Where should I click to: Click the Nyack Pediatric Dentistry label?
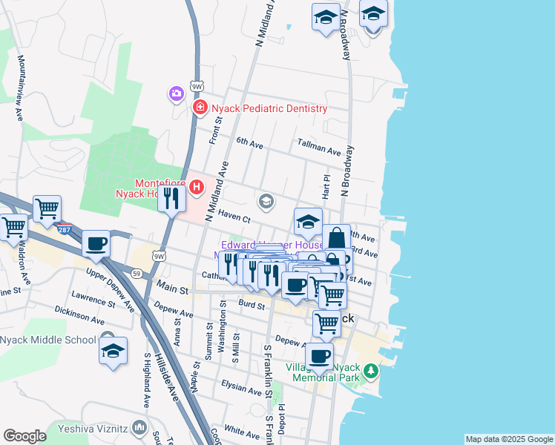point(268,108)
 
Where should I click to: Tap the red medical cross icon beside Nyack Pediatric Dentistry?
point(200,108)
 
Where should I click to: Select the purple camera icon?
point(176,93)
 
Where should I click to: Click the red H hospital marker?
point(196,188)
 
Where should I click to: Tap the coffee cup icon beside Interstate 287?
point(96,244)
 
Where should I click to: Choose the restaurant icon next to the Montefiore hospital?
point(171,198)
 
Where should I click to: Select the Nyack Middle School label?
point(48,340)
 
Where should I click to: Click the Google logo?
point(24,436)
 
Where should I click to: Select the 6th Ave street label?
point(249,142)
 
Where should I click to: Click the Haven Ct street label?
point(234,217)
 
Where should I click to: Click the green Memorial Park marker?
point(370,369)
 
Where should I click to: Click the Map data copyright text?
point(509,439)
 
